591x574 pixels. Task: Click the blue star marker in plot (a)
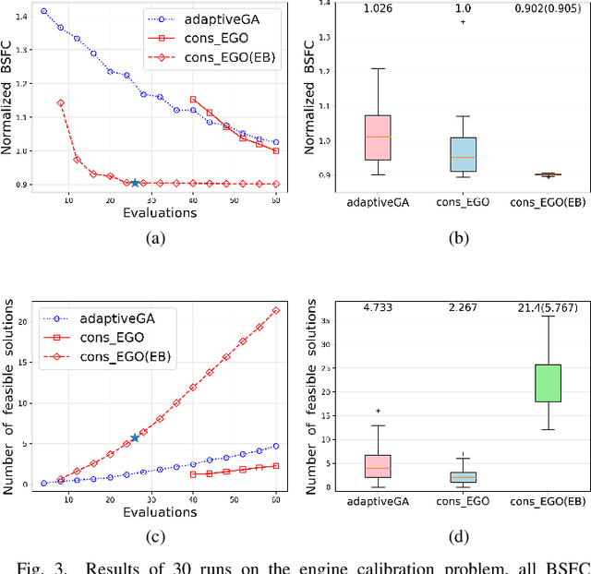[x=135, y=183]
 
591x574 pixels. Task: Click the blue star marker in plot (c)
[x=135, y=437]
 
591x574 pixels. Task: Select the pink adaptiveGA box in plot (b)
[x=378, y=138]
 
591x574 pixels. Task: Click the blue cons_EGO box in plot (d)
[x=463, y=476]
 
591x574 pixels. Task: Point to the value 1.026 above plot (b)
[x=378, y=7]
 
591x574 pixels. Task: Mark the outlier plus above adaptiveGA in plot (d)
[x=378, y=411]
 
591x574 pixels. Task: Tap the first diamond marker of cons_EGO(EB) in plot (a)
[x=60, y=103]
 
